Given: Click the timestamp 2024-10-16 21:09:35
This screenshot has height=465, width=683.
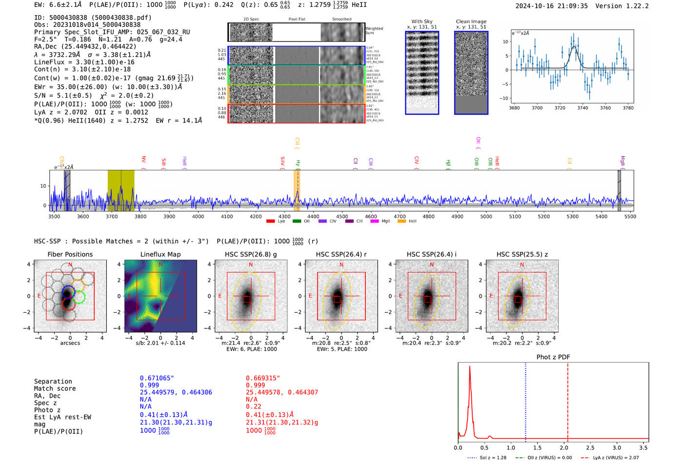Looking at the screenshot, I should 551,6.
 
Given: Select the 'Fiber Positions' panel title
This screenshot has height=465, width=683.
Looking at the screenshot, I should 70,254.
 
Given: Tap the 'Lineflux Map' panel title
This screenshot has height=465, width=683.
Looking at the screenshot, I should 160,254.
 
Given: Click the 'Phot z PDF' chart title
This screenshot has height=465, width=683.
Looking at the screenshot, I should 553,357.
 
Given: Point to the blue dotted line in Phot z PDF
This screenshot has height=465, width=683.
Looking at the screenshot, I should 525,400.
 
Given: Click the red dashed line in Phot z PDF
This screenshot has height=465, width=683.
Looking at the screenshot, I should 567,400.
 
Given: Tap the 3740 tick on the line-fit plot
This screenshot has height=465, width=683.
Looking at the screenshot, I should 583,108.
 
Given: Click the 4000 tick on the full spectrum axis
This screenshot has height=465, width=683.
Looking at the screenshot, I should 198,217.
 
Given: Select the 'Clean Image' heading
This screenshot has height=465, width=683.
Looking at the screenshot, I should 471,21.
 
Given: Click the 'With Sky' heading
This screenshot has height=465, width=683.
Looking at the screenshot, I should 422,21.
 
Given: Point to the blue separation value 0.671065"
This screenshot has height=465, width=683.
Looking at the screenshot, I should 157,378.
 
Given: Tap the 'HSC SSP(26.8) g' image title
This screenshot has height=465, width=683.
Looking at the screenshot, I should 250,254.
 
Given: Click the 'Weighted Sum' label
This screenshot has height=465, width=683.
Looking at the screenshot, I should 374,31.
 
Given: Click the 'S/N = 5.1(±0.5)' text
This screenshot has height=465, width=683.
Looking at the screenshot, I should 62,96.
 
